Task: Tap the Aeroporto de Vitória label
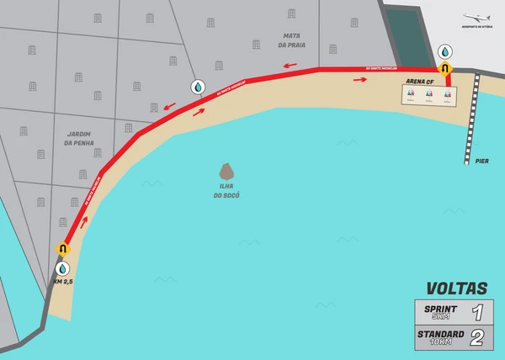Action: pyautogui.click(x=477, y=27)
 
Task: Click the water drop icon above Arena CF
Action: pyautogui.click(x=445, y=52)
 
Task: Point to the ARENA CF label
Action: pyautogui.click(x=418, y=82)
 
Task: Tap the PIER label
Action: pyautogui.click(x=481, y=161)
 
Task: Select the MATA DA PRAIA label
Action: pyautogui.click(x=293, y=40)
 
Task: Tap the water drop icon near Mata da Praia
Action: pyautogui.click(x=197, y=87)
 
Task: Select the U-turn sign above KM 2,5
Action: pyautogui.click(x=62, y=250)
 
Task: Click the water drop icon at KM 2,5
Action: pyautogui.click(x=62, y=268)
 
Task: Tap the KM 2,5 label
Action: pyautogui.click(x=65, y=282)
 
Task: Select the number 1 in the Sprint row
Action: pyautogui.click(x=477, y=313)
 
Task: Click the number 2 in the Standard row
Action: pyautogui.click(x=477, y=338)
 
